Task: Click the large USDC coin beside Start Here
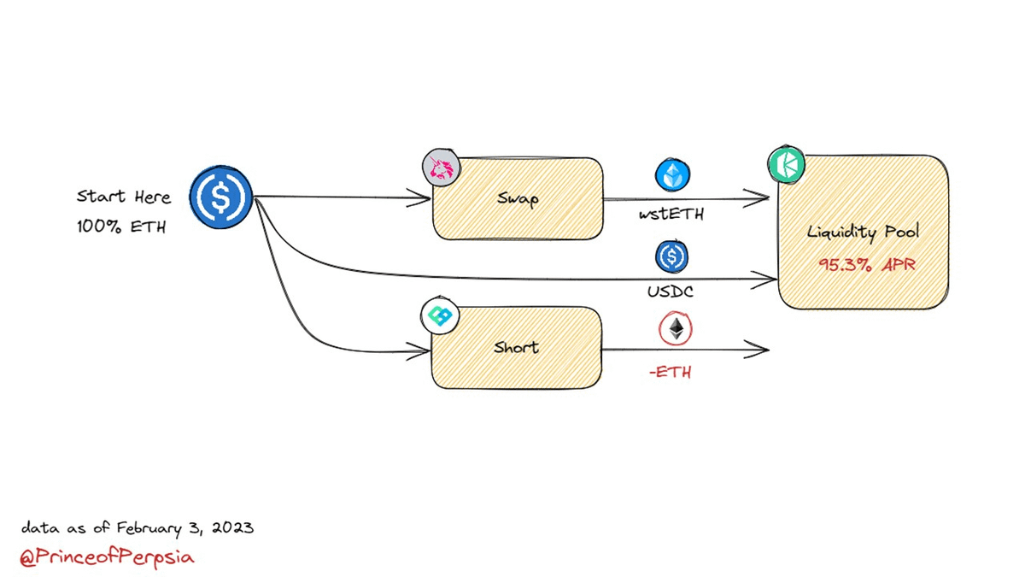pos(220,197)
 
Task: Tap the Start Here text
pos(124,197)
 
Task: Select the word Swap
pos(518,198)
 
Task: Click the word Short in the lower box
pos(516,347)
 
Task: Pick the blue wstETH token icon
pos(673,174)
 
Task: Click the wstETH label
pos(672,215)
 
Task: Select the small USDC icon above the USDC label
pos(672,256)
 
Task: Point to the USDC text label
pos(671,291)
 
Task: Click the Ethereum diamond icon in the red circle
pos(676,330)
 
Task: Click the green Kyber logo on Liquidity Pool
pos(786,164)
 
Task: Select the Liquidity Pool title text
pos(863,233)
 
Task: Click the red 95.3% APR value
pos(866,265)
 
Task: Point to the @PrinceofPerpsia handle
pos(108,557)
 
